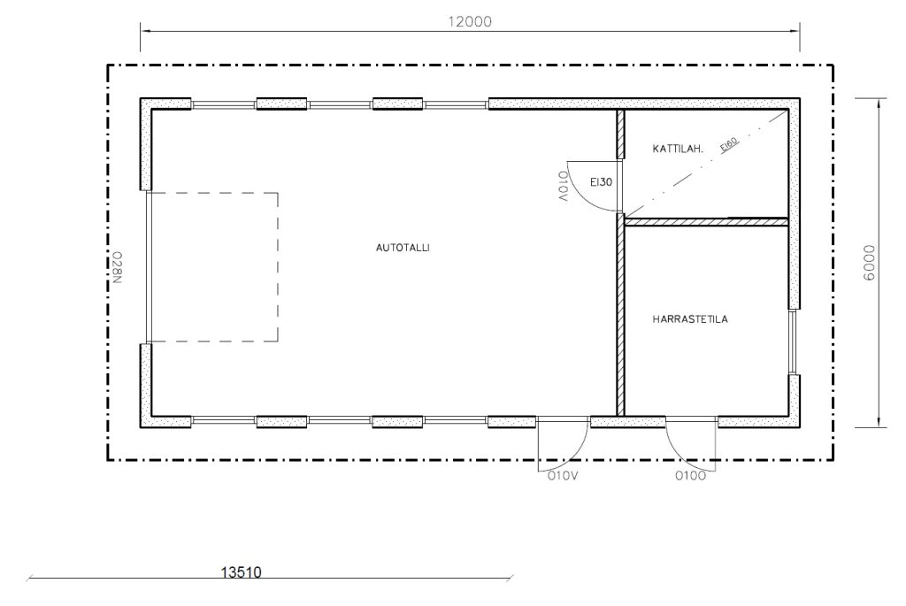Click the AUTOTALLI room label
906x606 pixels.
pos(403,248)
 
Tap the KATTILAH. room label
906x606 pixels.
pos(678,149)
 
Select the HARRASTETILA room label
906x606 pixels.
pos(690,318)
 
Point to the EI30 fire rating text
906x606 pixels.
pos(601,182)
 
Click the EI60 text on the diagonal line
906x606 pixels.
pos(729,144)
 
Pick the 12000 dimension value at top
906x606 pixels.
pos(470,22)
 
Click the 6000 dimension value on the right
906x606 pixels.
pos(869,263)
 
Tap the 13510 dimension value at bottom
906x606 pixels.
pos(241,572)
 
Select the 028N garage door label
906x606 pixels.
pos(117,267)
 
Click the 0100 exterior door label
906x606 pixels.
pos(690,476)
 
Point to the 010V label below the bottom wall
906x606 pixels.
pos(564,476)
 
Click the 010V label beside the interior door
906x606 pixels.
pos(564,186)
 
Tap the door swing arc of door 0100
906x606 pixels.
pos(679,453)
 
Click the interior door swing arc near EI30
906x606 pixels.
pos(581,196)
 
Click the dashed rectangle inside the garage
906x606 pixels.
pos(278,267)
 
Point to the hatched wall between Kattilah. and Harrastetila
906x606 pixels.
pos(707,221)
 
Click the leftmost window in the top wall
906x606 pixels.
pos(224,105)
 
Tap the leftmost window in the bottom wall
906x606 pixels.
pos(224,420)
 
